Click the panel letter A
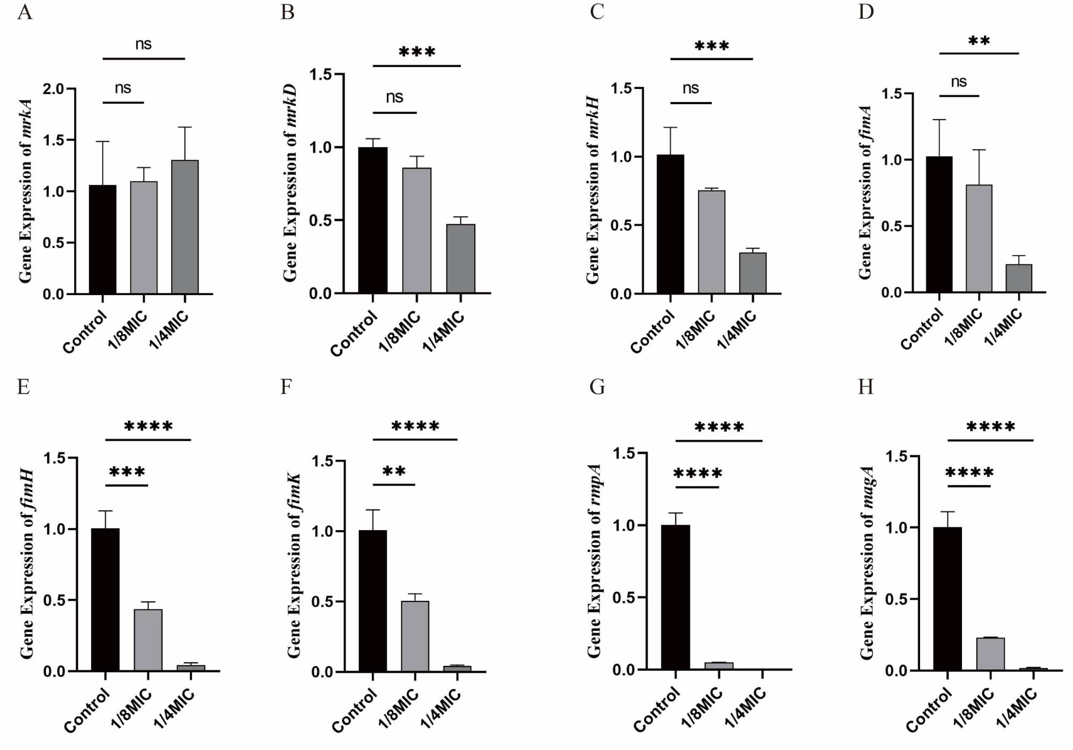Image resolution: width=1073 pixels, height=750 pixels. [25, 12]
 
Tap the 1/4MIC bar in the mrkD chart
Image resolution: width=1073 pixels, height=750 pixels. [460, 259]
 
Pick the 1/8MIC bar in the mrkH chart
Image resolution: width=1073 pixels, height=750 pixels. [711, 242]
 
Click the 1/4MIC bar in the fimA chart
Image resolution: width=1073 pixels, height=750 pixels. [1018, 278]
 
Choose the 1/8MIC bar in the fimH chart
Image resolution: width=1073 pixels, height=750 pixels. [148, 639]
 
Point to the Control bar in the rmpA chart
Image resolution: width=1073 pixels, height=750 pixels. [675, 597]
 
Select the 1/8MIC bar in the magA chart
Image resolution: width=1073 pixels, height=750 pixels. [990, 654]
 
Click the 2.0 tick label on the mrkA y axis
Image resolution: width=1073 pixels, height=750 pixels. [53, 89]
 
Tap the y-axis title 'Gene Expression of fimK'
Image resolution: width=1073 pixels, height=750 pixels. [294, 565]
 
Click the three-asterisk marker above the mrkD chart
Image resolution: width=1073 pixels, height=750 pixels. [417, 52]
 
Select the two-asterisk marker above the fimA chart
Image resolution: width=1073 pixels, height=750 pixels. [979, 41]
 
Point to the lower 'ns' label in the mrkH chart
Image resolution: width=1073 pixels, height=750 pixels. [690, 88]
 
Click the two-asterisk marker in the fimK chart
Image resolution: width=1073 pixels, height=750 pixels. [394, 472]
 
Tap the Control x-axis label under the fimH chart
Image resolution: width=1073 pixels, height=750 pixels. [87, 710]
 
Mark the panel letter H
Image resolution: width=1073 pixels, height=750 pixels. [866, 386]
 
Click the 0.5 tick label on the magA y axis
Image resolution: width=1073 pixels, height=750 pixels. [896, 599]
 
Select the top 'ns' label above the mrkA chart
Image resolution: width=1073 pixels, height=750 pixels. [143, 44]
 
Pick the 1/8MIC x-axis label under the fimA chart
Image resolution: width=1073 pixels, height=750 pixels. [963, 327]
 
